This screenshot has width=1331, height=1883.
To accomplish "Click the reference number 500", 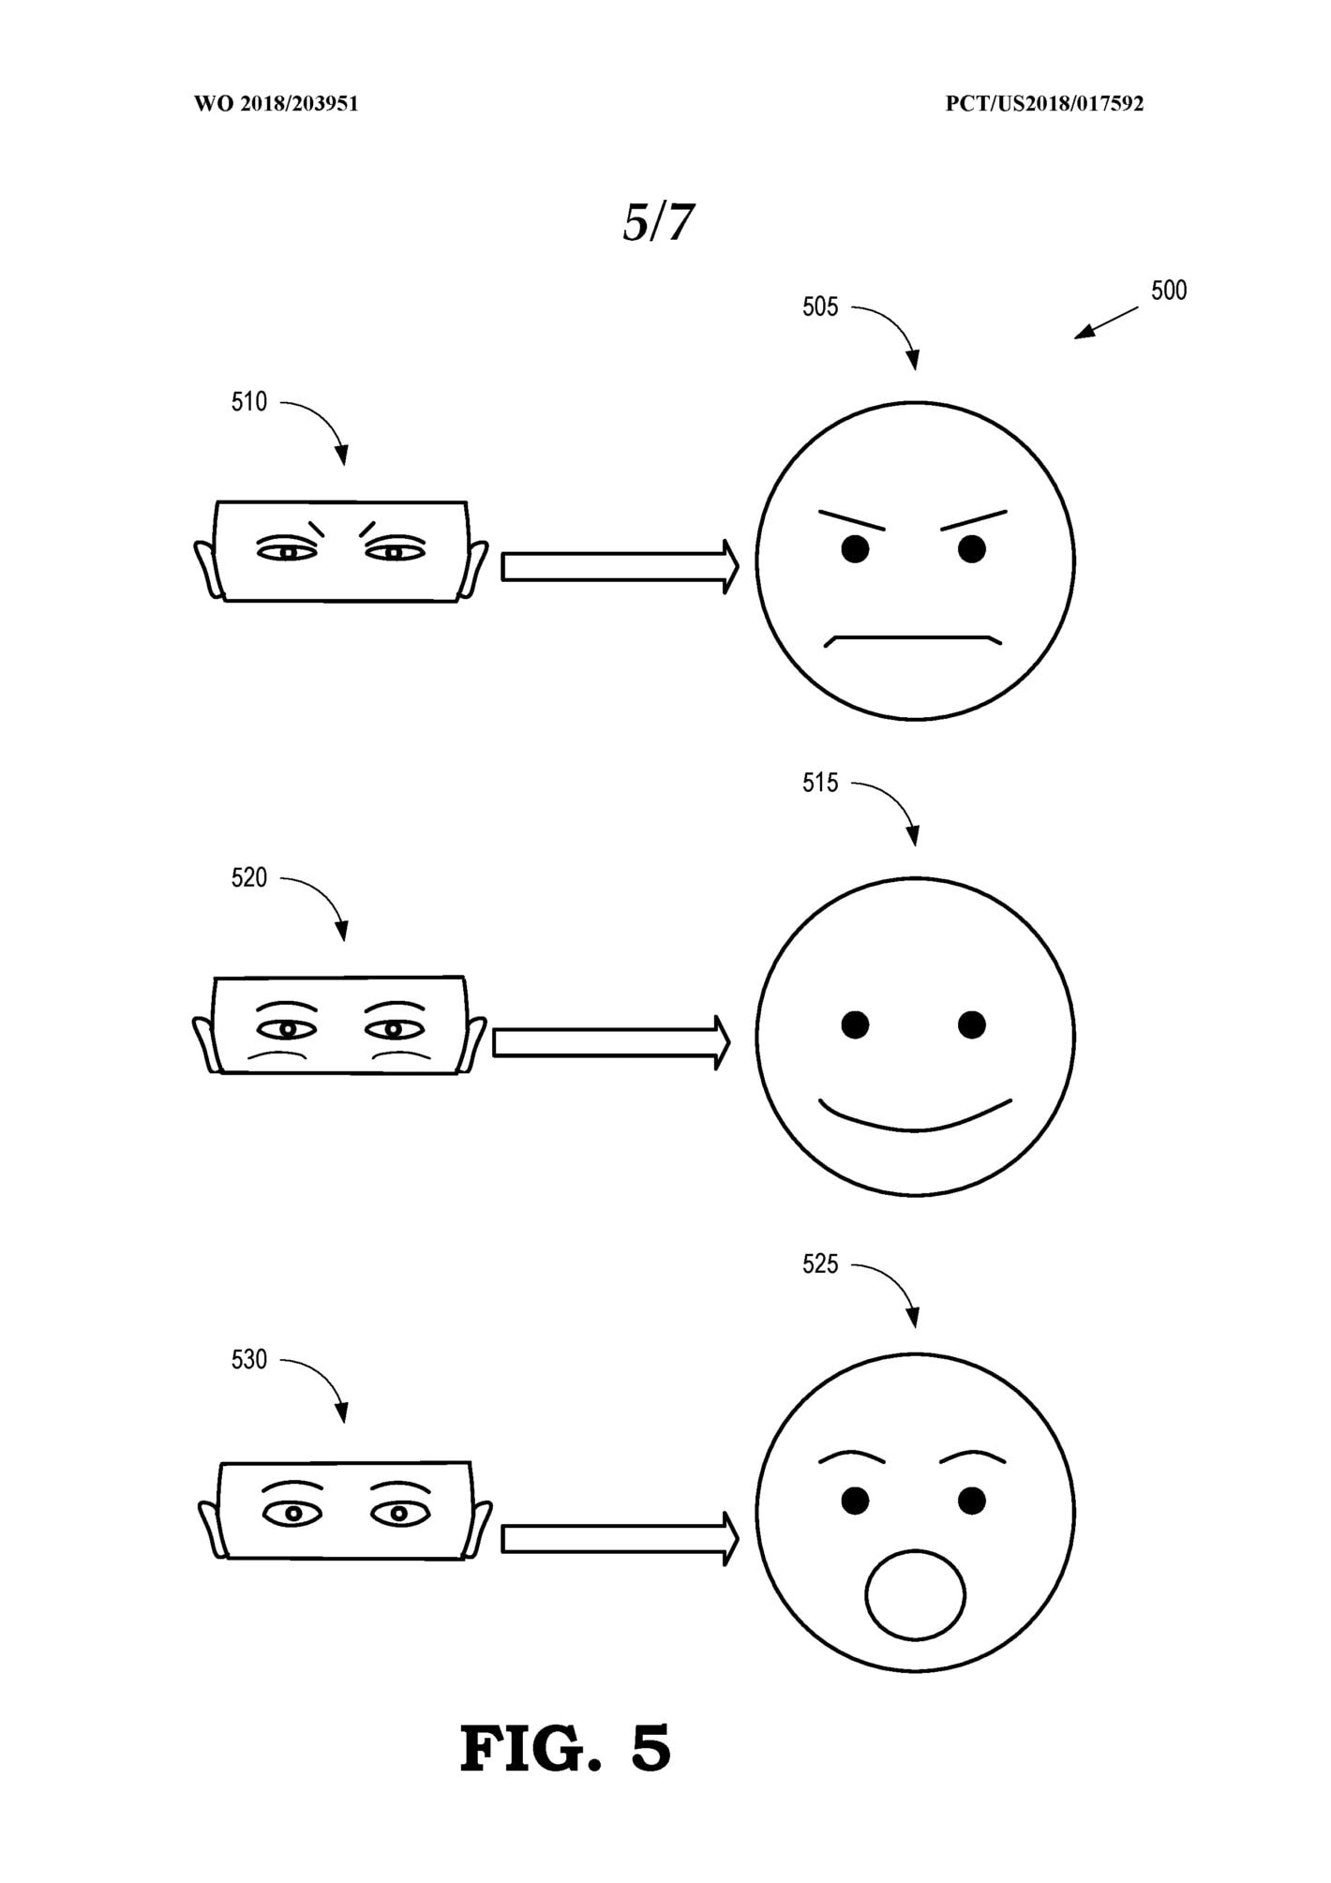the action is point(1169,291).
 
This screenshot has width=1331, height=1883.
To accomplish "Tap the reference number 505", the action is point(820,307).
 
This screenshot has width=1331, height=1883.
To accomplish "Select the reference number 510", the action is point(249,402).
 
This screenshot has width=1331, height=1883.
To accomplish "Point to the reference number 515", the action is point(820,783).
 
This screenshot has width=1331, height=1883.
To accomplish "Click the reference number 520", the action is point(249,878).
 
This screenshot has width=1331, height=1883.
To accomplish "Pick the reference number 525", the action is point(820,1264).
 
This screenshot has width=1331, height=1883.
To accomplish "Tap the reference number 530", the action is point(249,1360).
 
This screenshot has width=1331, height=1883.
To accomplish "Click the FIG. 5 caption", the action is point(566,1748).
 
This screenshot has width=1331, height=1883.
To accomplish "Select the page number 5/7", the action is point(659,222).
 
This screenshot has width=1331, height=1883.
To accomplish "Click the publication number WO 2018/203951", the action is point(277,104).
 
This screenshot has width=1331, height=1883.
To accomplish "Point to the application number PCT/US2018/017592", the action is point(1044,104).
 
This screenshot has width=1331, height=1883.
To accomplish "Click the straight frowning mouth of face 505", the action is point(913,641).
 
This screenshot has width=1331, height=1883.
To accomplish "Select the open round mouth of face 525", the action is point(916,1595).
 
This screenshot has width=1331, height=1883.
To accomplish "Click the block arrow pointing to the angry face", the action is point(621,567).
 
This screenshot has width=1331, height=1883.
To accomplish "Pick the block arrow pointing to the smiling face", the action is point(611,1042).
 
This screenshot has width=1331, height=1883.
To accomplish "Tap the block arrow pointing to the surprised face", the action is point(621,1539).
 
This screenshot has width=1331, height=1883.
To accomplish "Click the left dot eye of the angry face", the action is point(855,549).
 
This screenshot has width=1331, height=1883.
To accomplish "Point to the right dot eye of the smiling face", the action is point(972,1024).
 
